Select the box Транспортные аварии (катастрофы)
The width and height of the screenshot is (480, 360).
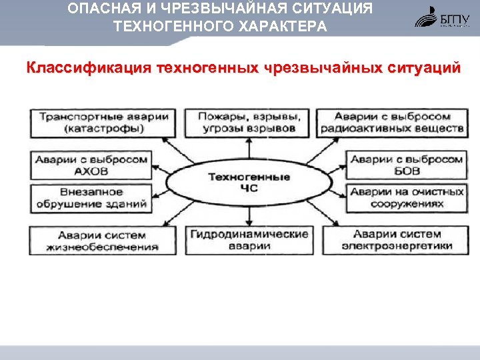(x=100, y=122)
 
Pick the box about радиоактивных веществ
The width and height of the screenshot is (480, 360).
(x=392, y=122)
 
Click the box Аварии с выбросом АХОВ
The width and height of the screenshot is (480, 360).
(x=89, y=165)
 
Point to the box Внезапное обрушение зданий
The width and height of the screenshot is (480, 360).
(x=89, y=199)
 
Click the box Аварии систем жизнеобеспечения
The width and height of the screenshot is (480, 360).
(x=100, y=240)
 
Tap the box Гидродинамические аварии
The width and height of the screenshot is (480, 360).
(x=249, y=240)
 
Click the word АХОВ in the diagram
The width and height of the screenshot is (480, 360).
(x=91, y=171)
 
